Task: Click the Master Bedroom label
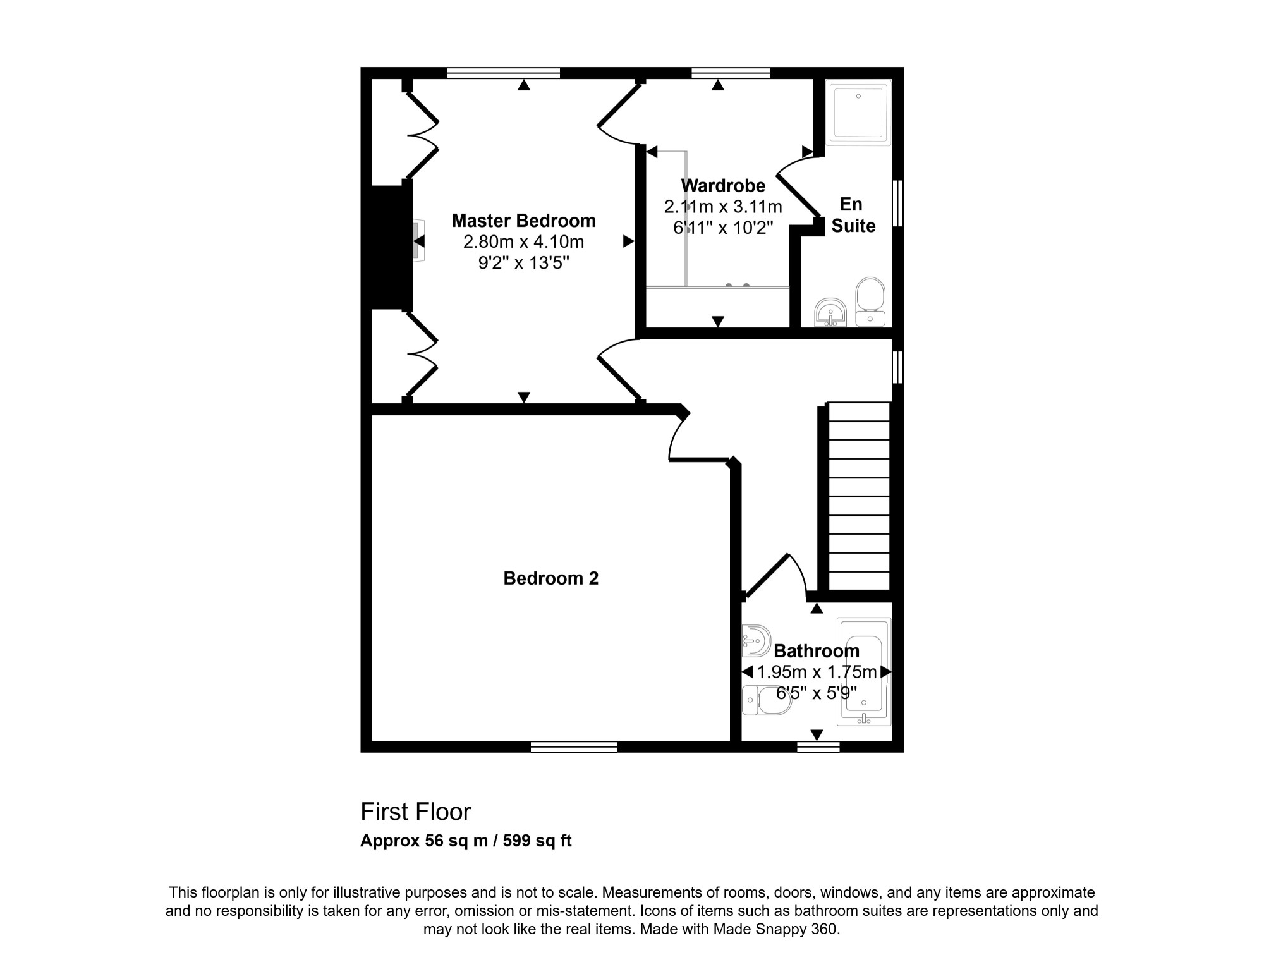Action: click(x=523, y=221)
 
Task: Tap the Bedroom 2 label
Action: click(x=550, y=578)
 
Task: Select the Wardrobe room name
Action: click(x=723, y=186)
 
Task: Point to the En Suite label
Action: click(x=853, y=215)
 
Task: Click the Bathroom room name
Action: click(x=817, y=651)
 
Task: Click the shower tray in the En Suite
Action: click(x=858, y=113)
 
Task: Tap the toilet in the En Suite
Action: click(x=870, y=302)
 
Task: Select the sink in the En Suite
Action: click(x=830, y=313)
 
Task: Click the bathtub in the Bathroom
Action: click(x=864, y=671)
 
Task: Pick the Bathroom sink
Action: click(x=757, y=641)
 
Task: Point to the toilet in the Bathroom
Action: click(x=767, y=700)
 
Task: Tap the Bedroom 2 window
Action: click(x=574, y=746)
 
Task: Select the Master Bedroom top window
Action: click(x=503, y=73)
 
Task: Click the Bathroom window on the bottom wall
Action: click(x=818, y=746)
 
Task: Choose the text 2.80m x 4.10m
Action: click(x=523, y=242)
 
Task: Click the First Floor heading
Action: click(x=416, y=812)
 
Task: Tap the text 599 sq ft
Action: click(x=537, y=841)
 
